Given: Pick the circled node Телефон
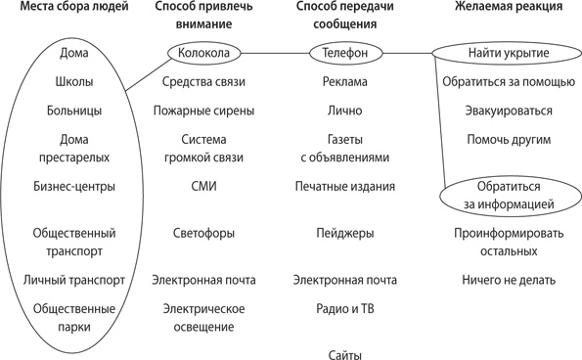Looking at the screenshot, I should [x=343, y=52].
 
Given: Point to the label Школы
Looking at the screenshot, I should [x=75, y=82].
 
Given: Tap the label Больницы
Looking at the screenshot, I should [x=75, y=112].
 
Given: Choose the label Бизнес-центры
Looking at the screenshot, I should [x=75, y=186].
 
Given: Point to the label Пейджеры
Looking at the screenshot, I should [x=344, y=234].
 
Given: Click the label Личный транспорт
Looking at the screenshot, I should [x=75, y=281].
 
